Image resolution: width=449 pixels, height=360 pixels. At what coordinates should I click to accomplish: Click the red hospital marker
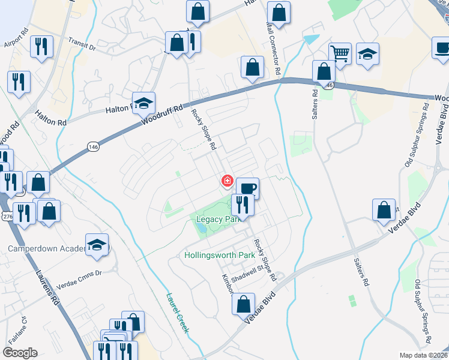coord(228,181)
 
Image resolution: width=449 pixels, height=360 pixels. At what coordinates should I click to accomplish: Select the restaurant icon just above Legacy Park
coord(243,205)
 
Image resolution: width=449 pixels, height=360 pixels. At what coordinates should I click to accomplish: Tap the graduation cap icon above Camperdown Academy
coord(97,245)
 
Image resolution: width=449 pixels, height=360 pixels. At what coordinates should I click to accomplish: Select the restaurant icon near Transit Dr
coord(41,47)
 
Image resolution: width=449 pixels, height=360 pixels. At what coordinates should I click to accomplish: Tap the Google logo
coord(20,353)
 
